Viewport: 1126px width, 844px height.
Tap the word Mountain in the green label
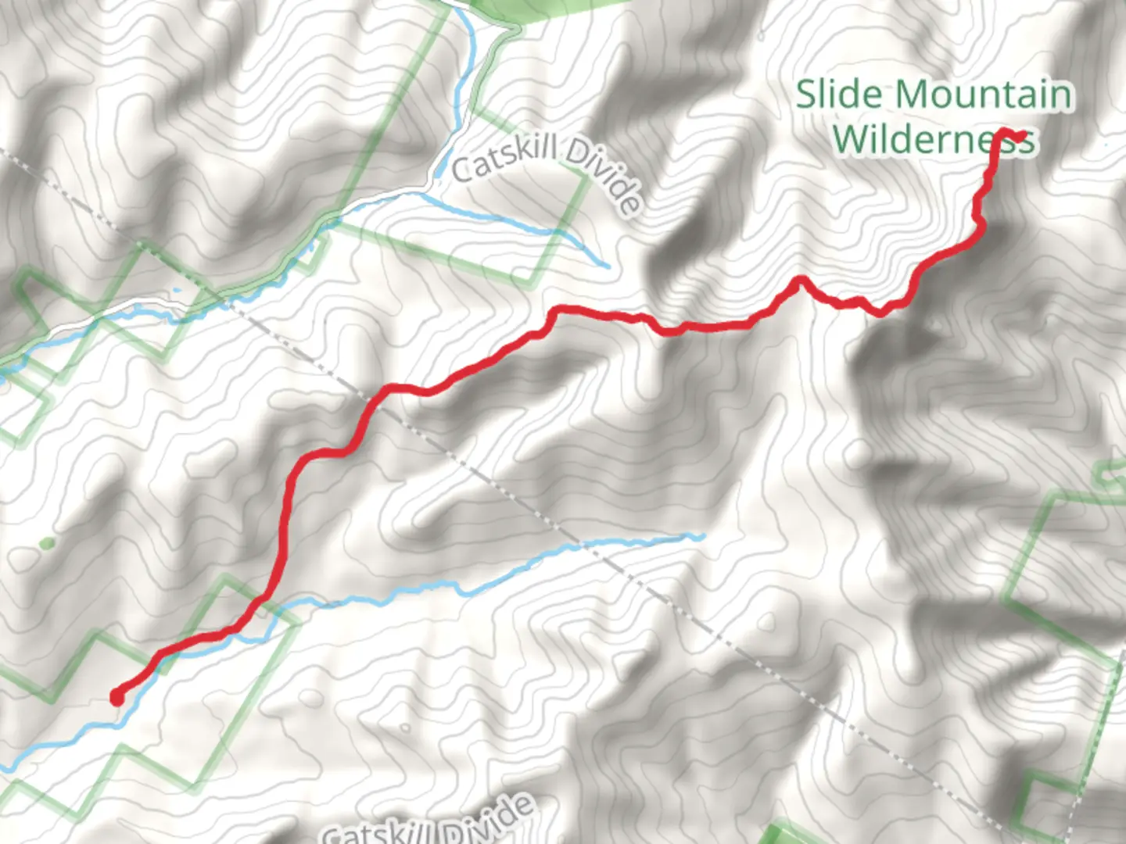984,95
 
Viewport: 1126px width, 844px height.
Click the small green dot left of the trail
46,543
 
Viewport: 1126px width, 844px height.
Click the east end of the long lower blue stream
701,536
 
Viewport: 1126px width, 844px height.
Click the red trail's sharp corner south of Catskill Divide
557,310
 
